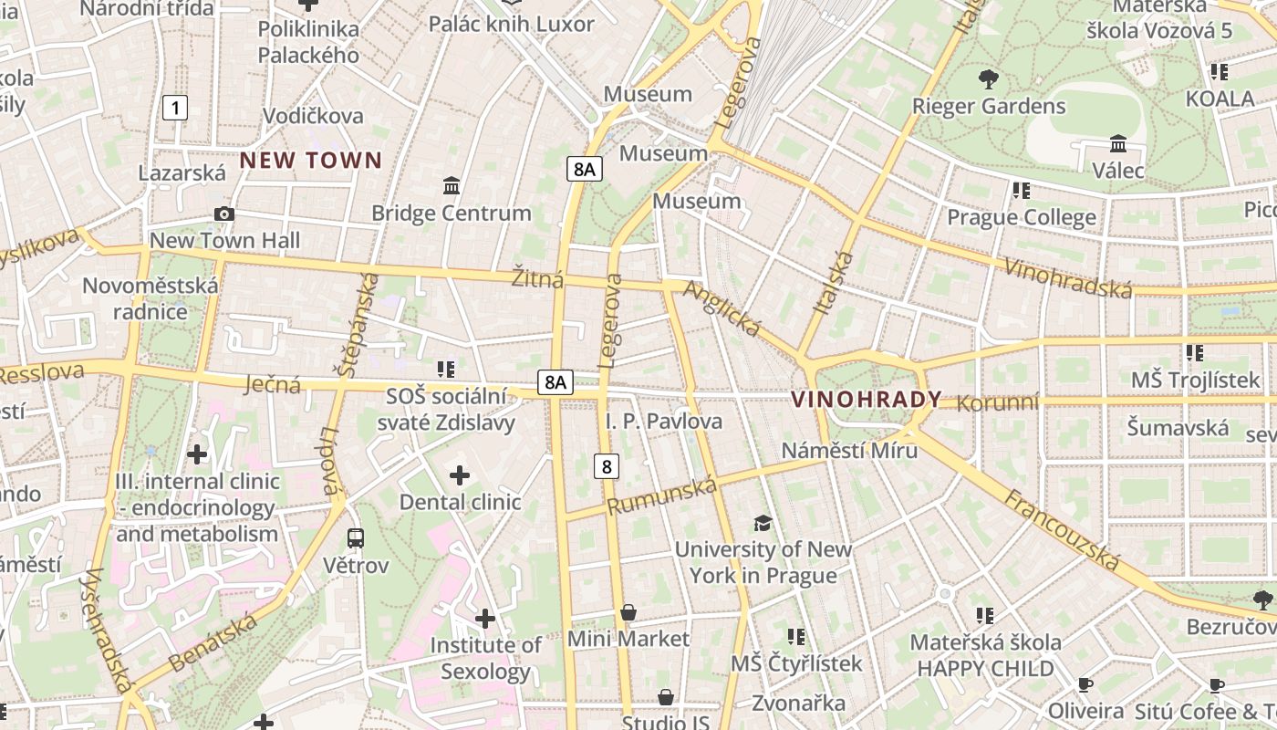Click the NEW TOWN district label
click(311, 161)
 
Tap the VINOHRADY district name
click(866, 400)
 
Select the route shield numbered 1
click(174, 108)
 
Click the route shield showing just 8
click(607, 466)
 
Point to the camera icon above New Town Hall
click(224, 214)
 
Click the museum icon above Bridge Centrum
click(451, 186)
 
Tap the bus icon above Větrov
click(356, 538)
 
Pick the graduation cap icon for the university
click(763, 523)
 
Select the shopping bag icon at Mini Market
click(628, 612)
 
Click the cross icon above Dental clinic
click(460, 475)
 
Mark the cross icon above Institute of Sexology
click(485, 620)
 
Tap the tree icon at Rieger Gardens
click(988, 79)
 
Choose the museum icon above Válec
click(1118, 144)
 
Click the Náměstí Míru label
click(849, 450)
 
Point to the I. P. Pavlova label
click(664, 421)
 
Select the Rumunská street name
click(663, 495)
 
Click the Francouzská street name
click(1063, 529)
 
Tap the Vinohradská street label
click(1067, 277)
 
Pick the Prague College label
click(1022, 217)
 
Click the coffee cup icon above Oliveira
click(1085, 684)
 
